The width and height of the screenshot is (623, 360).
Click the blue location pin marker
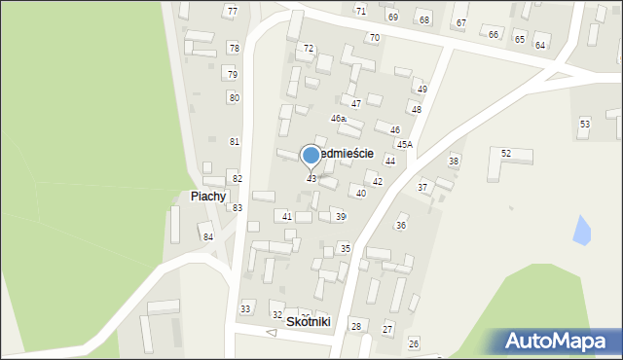click(x=311, y=156)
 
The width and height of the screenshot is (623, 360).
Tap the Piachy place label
click(x=208, y=196)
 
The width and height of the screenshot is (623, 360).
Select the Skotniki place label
click(x=309, y=321)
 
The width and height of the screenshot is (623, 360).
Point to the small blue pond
click(x=582, y=231)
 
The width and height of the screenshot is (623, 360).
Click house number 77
click(x=231, y=11)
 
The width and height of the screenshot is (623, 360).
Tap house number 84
click(x=207, y=237)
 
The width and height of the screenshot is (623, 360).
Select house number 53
click(x=585, y=124)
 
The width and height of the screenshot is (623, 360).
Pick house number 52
click(x=506, y=154)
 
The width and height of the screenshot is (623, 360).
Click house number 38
click(x=453, y=161)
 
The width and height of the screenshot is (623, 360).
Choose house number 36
click(x=400, y=225)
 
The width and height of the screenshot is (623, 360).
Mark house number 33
click(x=245, y=308)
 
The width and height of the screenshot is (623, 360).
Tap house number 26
click(x=413, y=343)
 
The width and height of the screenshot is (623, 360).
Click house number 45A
click(x=404, y=144)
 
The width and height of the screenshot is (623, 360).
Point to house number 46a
click(x=338, y=118)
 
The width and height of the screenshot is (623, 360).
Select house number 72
click(x=309, y=48)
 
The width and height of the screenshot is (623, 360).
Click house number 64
click(x=540, y=46)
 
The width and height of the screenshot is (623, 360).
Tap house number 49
click(x=421, y=89)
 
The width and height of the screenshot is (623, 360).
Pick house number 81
click(x=235, y=141)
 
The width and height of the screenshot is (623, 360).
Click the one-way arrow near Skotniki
click(x=272, y=333)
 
